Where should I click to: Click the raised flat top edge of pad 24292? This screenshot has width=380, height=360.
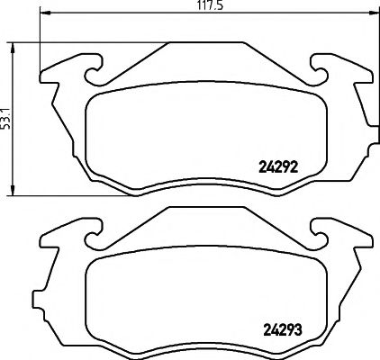[x=204, y=41]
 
